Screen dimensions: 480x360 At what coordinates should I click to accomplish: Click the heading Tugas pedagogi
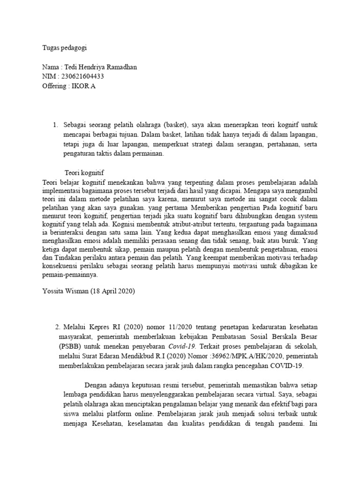(x=64, y=47)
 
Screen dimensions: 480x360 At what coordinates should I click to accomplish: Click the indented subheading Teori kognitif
(x=84, y=172)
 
